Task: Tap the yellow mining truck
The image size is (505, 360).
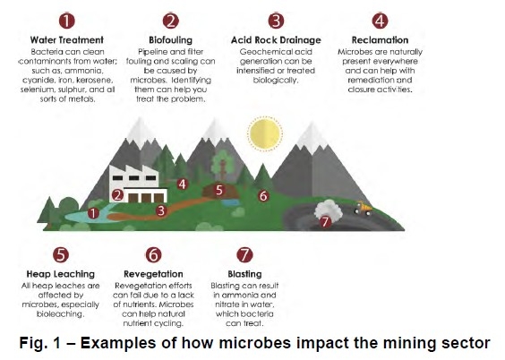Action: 364,210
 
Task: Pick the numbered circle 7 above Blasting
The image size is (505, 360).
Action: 238,255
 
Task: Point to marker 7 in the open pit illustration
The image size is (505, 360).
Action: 325,220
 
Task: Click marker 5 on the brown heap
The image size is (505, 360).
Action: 219,190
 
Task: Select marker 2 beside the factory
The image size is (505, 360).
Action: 116,194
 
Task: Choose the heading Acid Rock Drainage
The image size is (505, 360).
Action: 276,40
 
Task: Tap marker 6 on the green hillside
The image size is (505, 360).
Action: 263,195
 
